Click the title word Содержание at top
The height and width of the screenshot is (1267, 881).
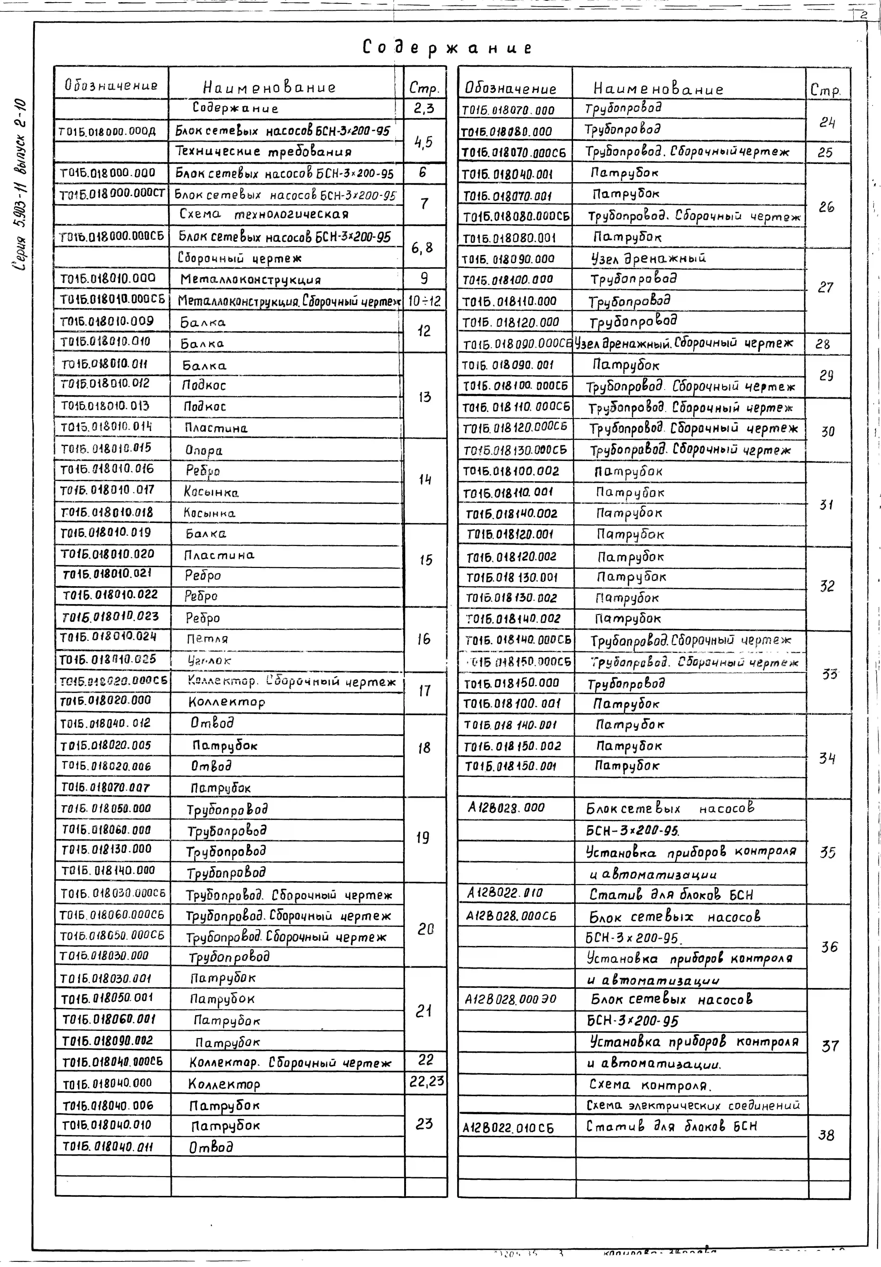pos(447,48)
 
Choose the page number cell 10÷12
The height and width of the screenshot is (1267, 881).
pos(424,301)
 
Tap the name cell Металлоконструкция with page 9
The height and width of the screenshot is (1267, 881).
pos(250,280)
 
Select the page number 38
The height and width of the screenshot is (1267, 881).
pos(826,1135)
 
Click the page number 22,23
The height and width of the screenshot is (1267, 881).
pos(426,1081)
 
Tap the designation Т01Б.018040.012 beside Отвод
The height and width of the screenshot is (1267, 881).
pos(105,723)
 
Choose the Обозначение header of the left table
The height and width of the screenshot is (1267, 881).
pos(111,86)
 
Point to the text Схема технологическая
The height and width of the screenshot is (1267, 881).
pos(264,214)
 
